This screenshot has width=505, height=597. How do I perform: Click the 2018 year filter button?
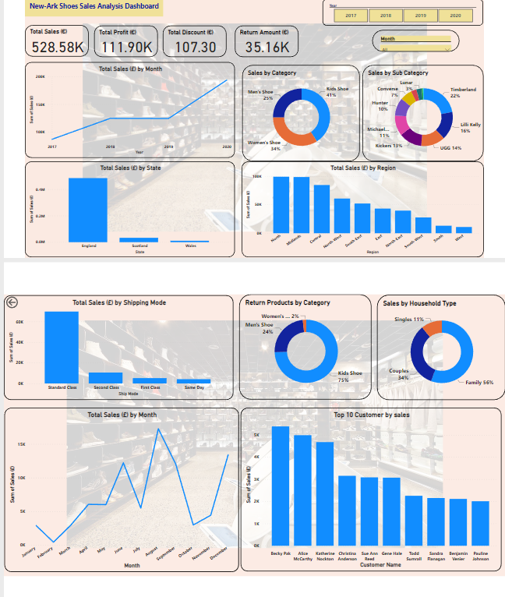[386, 15]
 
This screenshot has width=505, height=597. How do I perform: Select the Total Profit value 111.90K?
[127, 48]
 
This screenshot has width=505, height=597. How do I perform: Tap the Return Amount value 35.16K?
[267, 48]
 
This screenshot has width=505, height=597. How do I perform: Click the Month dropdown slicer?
[415, 48]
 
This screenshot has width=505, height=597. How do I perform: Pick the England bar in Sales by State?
[87, 209]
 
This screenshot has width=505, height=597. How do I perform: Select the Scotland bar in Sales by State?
[139, 239]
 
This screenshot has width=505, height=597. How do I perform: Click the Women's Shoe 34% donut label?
[263, 145]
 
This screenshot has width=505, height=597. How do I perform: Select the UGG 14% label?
[450, 147]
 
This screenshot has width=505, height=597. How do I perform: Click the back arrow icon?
[12, 303]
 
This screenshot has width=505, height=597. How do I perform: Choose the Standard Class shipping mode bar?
[62, 346]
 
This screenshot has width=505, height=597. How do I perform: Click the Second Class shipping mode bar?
[105, 377]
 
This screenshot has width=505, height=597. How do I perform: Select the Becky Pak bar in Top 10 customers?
[280, 486]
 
